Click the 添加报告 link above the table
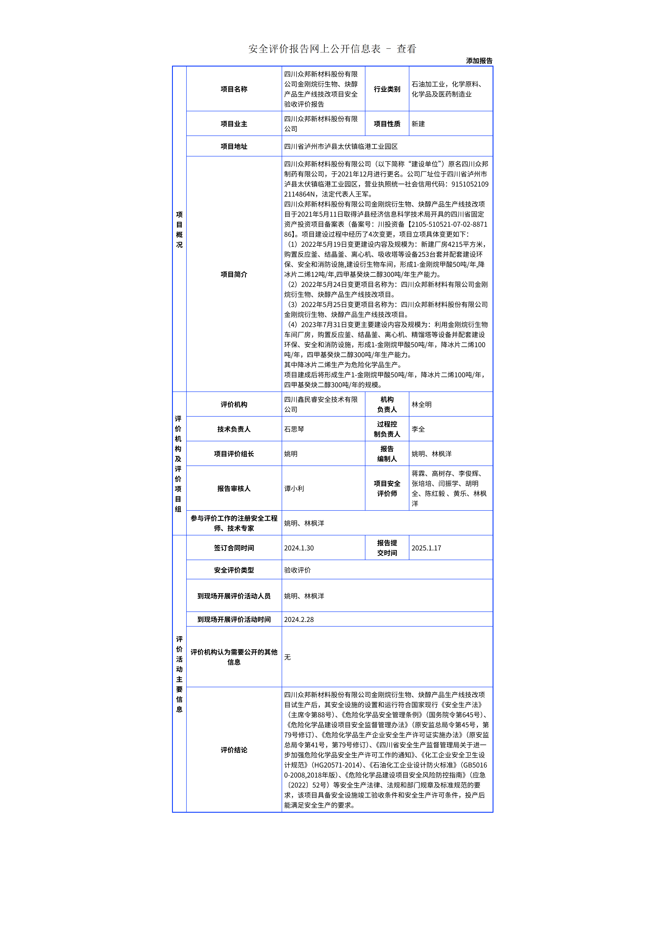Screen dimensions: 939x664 coord(479,61)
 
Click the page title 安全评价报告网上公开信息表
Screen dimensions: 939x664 coord(314,49)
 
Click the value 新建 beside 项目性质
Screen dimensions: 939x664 coord(418,124)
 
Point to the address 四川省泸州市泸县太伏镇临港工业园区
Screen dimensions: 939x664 coord(341,146)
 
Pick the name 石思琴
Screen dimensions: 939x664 coord(294,429)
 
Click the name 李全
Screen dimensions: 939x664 coord(418,429)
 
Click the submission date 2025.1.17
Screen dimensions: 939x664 coord(426,548)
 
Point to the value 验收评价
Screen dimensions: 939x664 coord(297,570)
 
